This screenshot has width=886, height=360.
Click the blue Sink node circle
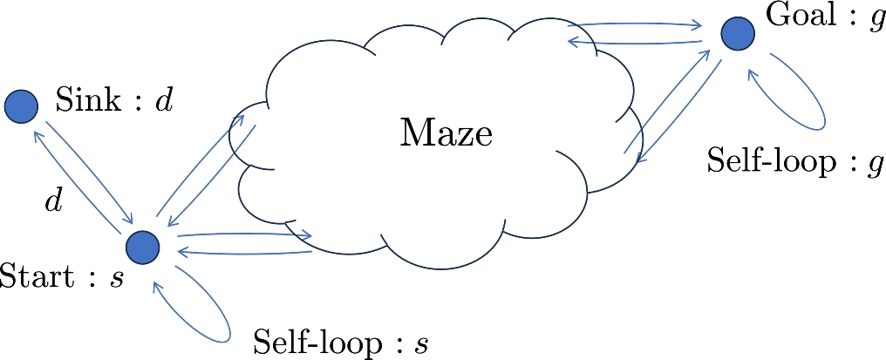click(x=21, y=106)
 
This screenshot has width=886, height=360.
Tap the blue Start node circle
click(x=142, y=248)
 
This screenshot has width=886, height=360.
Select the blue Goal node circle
click(x=738, y=34)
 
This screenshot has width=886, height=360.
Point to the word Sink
click(x=88, y=101)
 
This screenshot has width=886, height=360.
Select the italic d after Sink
click(x=164, y=101)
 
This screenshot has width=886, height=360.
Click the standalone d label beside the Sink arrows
click(x=53, y=201)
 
